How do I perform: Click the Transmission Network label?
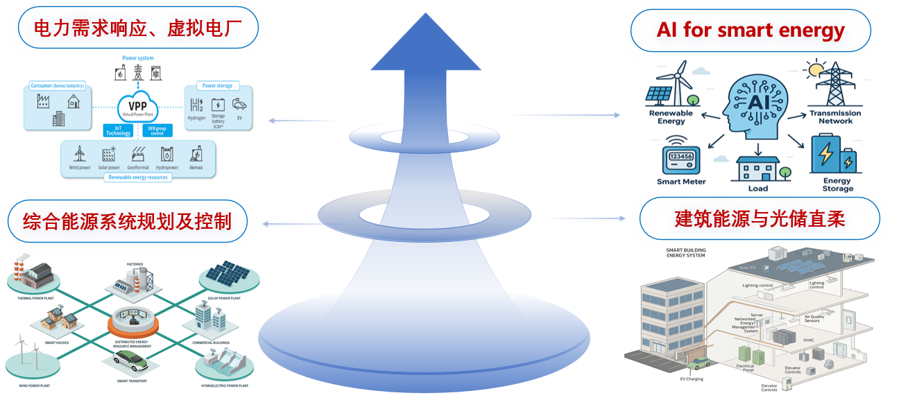pyautogui.click(x=835, y=116)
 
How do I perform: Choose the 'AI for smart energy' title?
pyautogui.click(x=751, y=31)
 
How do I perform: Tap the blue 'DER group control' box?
pyautogui.click(x=157, y=130)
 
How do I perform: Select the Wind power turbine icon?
pyautogui.click(x=79, y=153)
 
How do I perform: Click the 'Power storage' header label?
pyautogui.click(x=217, y=86)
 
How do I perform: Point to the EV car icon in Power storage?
pyautogui.click(x=239, y=105)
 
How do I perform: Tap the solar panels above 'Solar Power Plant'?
pyautogui.click(x=230, y=274)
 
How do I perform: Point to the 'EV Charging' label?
pyautogui.click(x=691, y=379)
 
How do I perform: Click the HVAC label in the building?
pyautogui.click(x=809, y=340)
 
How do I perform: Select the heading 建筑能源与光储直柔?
pyautogui.click(x=759, y=219)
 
